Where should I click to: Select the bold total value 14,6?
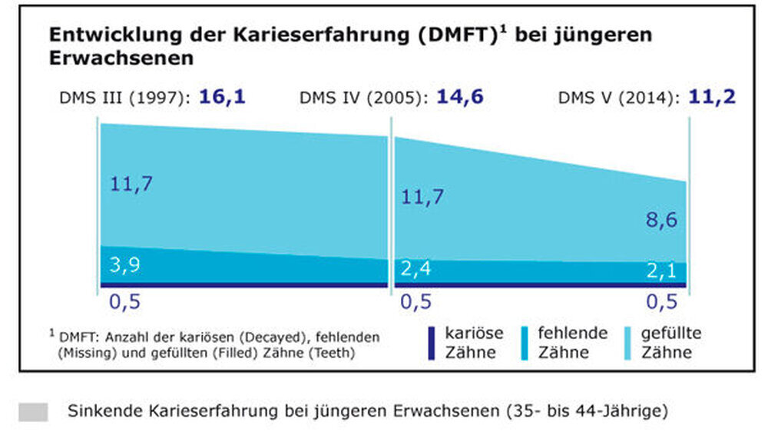coord(459,97)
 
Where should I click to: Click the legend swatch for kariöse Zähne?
coord(432,343)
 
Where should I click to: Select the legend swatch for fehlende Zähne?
coord(525,343)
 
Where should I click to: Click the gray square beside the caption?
coord(33,411)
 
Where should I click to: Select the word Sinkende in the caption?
coord(102,411)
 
